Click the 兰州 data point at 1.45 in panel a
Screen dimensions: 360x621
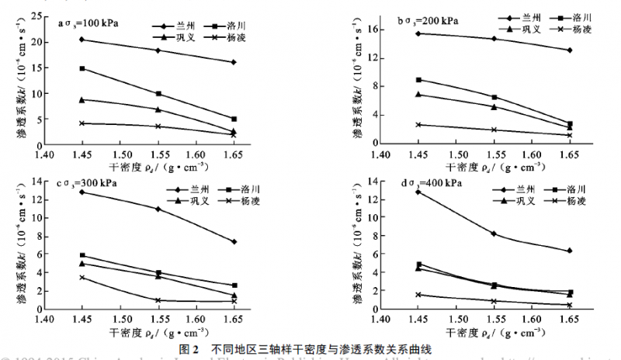[82, 40]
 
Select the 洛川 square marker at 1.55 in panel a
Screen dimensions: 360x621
[158, 94]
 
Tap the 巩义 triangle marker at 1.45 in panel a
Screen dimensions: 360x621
[82, 99]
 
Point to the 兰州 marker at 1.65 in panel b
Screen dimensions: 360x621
[569, 50]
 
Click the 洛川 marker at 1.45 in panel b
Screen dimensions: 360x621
[418, 80]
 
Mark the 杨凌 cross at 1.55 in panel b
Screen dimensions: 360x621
[494, 130]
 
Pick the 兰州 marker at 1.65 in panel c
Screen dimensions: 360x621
[234, 242]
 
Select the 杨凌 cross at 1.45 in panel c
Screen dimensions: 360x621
[82, 277]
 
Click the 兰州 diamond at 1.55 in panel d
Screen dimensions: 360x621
[494, 234]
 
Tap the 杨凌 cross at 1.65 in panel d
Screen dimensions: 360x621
[569, 305]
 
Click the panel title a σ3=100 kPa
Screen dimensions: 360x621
[88, 22]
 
